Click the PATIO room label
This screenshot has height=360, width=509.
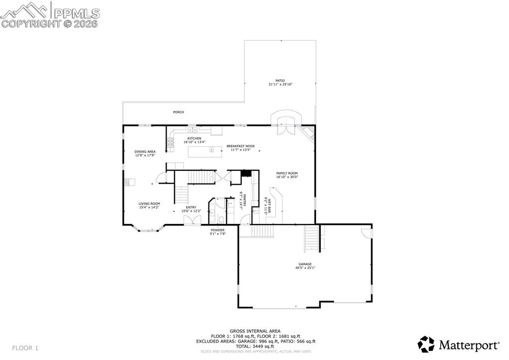pos(280,80)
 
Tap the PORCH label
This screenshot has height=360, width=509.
pos(178,112)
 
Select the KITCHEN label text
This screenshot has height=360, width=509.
pos(194,138)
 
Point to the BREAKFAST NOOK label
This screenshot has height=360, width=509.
pos(240,146)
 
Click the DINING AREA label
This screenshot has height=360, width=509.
pos(145,151)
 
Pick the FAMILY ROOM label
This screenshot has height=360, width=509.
pos(287,173)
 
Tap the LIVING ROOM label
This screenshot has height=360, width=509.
pos(149,203)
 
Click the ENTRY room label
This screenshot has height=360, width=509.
pos(191,207)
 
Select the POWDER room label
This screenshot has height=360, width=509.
pos(217,230)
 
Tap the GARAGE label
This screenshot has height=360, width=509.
pos(305,264)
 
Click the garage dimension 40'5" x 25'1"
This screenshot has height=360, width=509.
pos(305,268)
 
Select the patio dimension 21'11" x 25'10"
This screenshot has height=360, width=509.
pos(280,84)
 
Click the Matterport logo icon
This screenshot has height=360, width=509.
pos(426,344)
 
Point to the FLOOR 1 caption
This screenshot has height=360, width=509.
pos(25,348)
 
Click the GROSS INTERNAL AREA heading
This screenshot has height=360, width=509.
pos(255,331)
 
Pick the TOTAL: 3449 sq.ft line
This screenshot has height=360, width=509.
pos(255,346)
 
